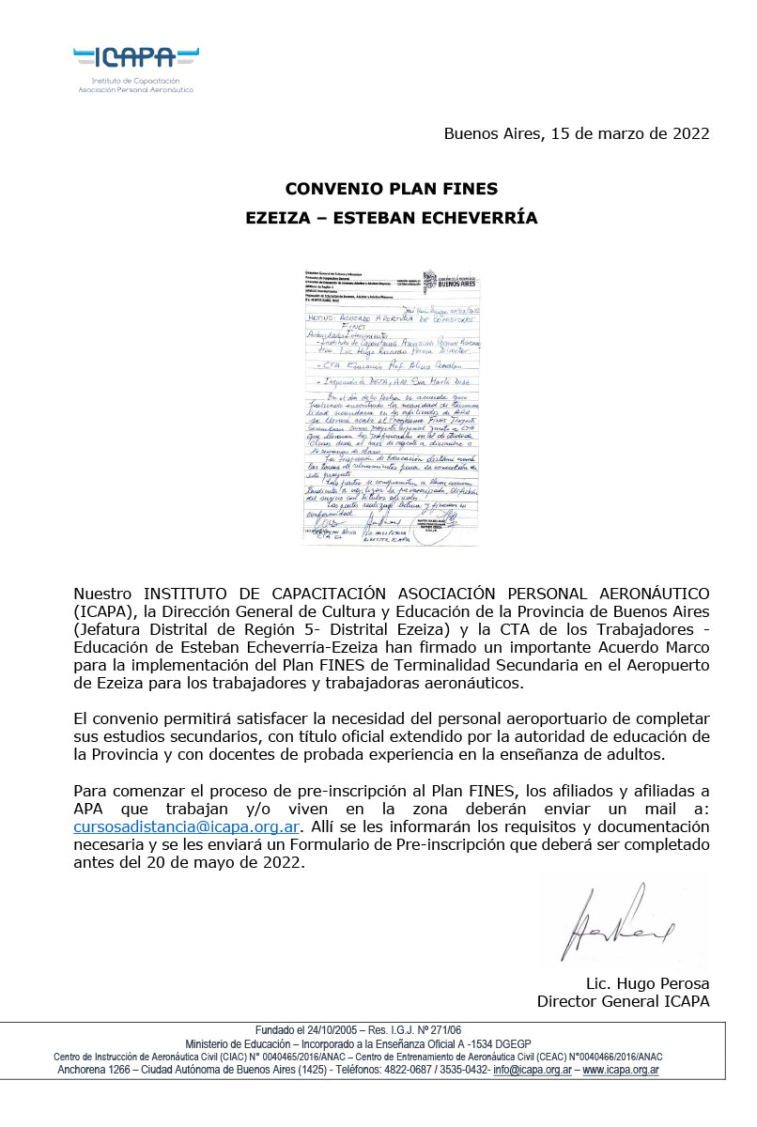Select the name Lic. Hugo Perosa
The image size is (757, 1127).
point(647,983)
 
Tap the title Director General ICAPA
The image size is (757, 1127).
point(623,1001)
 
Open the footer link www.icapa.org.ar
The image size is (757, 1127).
point(621,1070)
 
